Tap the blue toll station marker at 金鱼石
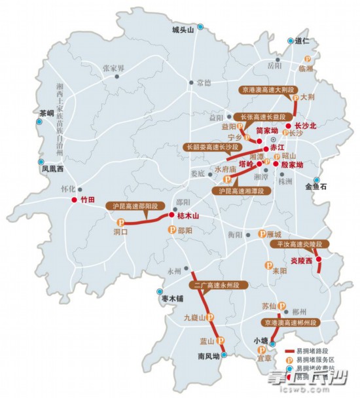point(316,180)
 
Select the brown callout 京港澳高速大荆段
point(265,88)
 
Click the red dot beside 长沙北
point(289,124)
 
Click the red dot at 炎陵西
point(319,260)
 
